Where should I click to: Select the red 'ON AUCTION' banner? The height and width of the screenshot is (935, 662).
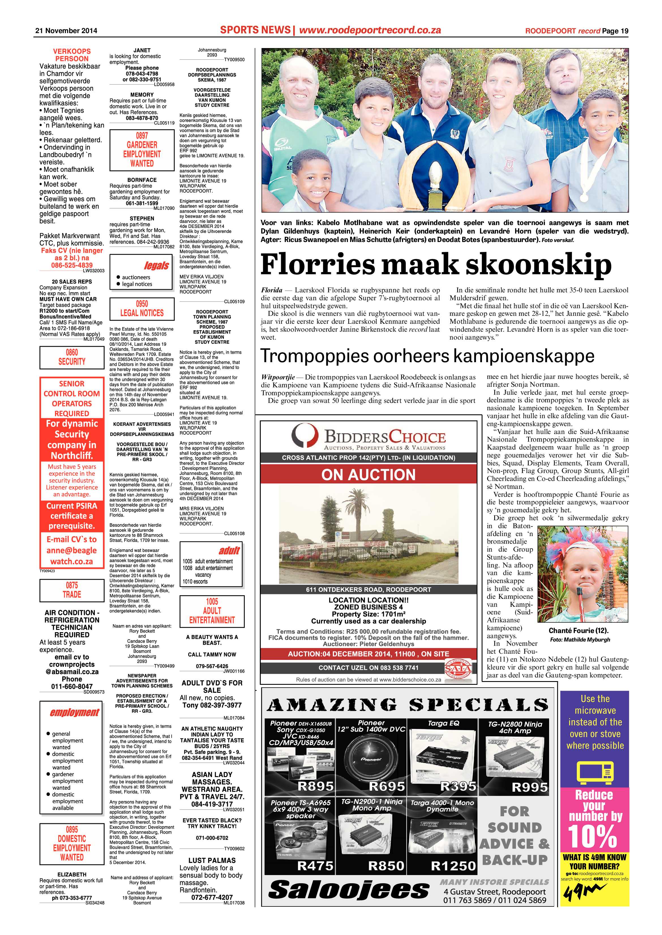click(368, 475)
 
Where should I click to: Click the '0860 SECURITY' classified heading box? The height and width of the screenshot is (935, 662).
click(72, 357)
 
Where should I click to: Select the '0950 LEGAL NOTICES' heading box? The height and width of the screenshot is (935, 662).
click(142, 308)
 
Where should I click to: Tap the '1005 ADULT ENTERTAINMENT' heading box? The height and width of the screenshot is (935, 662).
click(212, 611)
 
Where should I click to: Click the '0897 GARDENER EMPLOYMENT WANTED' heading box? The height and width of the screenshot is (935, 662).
click(142, 150)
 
